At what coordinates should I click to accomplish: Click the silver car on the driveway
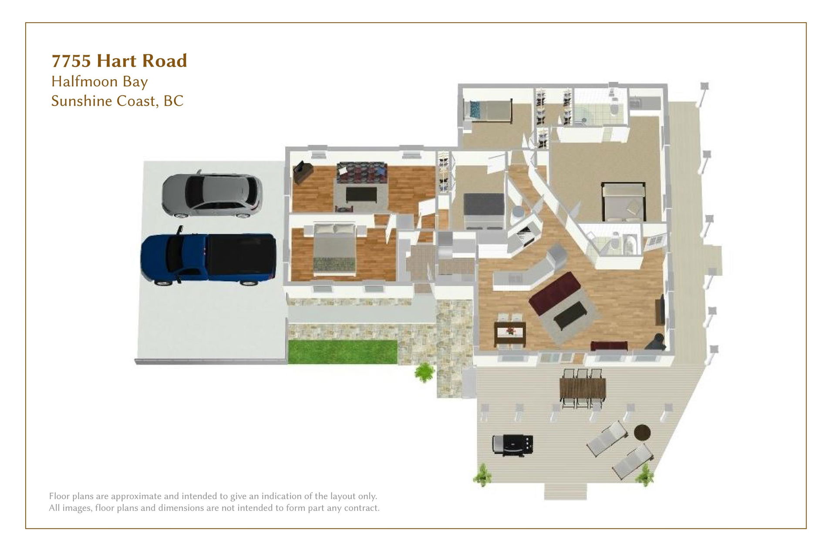point(212,195)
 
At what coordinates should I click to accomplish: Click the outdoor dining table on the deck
point(583,388)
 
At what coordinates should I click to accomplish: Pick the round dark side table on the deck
point(642,433)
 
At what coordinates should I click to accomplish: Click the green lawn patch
point(343,352)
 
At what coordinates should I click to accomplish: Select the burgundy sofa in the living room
point(554,293)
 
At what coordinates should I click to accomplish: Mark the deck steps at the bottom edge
point(565,491)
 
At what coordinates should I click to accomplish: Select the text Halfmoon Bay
point(100,82)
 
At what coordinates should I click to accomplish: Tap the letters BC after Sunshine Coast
point(174,101)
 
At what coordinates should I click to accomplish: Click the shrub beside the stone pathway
point(425,373)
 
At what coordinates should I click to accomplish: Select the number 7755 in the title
point(71,61)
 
